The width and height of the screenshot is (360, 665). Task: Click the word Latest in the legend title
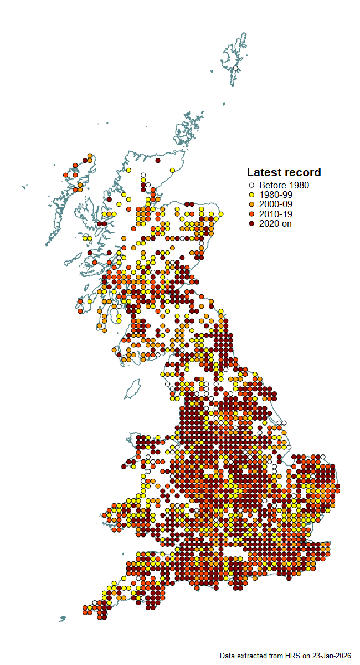(x=264, y=172)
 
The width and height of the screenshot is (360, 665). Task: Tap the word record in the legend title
(x=302, y=172)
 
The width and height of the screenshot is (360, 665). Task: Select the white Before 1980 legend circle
(x=251, y=186)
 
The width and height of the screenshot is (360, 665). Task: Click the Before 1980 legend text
(x=284, y=186)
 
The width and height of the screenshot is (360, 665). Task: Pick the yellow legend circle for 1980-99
(x=251, y=195)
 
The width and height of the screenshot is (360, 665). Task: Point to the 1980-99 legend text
(x=276, y=195)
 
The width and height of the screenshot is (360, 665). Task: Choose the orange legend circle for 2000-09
(x=251, y=204)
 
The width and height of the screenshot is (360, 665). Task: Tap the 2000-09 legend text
(x=276, y=204)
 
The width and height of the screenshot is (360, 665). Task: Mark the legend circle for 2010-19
(x=251, y=214)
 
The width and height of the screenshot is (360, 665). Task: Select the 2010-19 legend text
(x=276, y=214)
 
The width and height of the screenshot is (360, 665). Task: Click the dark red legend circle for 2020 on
(x=251, y=223)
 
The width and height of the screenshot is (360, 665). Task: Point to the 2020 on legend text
(x=275, y=223)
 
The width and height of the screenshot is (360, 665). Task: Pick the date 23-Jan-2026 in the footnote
(x=332, y=656)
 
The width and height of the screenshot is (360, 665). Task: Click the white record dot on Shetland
(x=235, y=68)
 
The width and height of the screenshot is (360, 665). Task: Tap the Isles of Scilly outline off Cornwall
(x=63, y=618)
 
